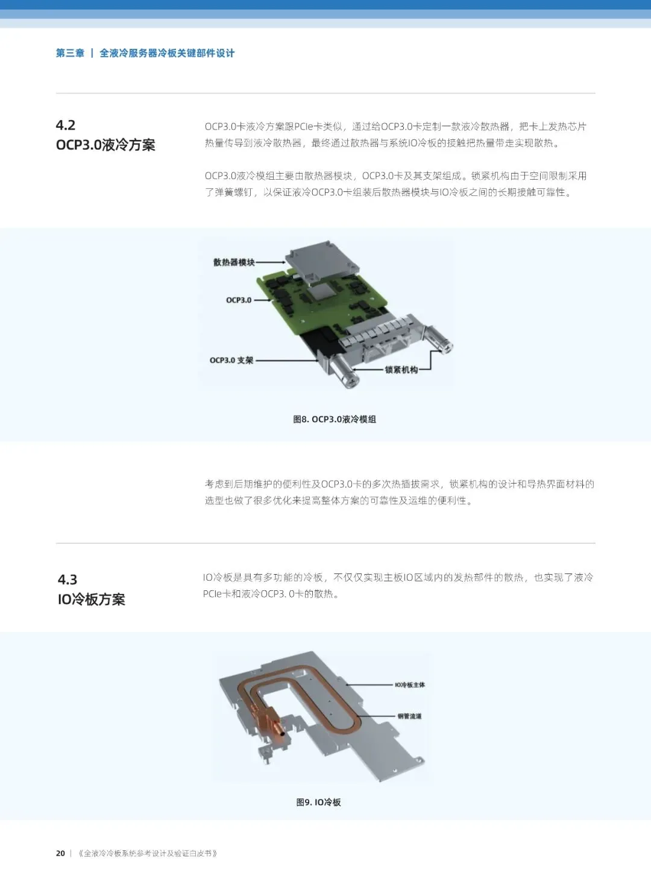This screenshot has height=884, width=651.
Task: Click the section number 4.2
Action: coord(66,125)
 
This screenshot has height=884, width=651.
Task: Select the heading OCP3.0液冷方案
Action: coord(105,145)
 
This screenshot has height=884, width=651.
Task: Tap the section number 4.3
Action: coord(68,580)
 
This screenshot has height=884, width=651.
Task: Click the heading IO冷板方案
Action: coord(92,599)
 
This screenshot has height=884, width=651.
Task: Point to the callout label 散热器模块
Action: coord(234,262)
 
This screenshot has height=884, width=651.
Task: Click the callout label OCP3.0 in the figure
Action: coord(239,300)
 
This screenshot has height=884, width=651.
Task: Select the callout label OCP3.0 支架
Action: coord(231,361)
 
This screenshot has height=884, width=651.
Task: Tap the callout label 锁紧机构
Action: coord(401,370)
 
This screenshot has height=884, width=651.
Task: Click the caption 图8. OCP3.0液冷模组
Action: coord(335,419)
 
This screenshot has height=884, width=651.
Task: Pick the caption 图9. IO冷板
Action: coord(318,802)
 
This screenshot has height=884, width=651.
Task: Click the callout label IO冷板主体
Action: coord(410,685)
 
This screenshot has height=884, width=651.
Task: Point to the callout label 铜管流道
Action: coord(409,716)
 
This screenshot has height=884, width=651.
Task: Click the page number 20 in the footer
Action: coord(60,853)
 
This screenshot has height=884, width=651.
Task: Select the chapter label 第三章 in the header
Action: coord(70,53)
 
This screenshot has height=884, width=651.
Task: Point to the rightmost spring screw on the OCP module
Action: coord(441,341)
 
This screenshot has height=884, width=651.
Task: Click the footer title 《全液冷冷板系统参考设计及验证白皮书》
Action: coord(148,853)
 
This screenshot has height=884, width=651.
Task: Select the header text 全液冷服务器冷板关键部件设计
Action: coord(167,53)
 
